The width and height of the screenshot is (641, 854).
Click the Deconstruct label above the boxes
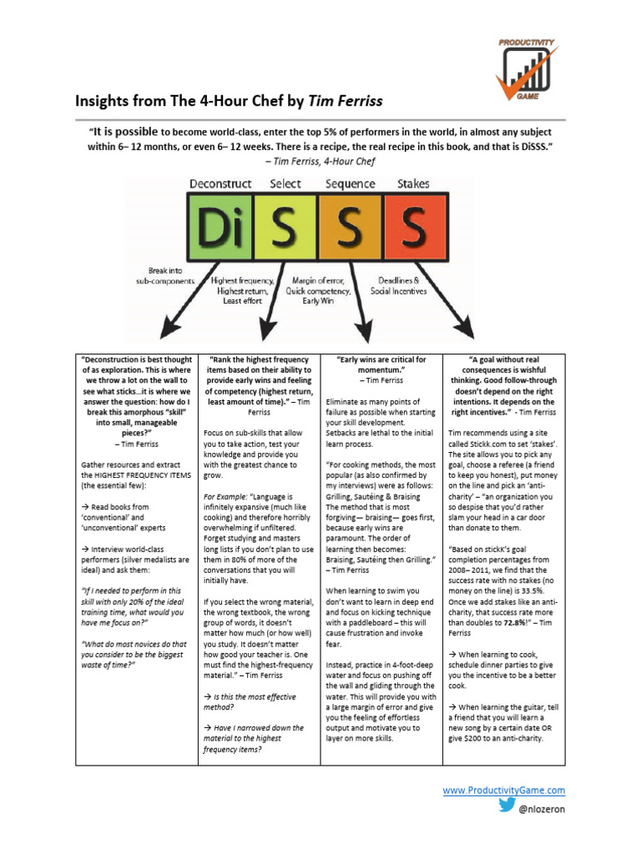click(x=220, y=183)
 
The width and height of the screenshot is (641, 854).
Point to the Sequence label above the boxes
click(x=351, y=183)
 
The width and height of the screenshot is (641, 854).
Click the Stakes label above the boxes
click(x=414, y=183)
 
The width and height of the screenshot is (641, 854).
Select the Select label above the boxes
click(x=286, y=183)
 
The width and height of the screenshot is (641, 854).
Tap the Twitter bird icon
click(x=507, y=806)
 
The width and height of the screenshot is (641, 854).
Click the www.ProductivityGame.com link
click(x=503, y=790)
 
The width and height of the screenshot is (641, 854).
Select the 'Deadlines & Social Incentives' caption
click(x=399, y=286)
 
